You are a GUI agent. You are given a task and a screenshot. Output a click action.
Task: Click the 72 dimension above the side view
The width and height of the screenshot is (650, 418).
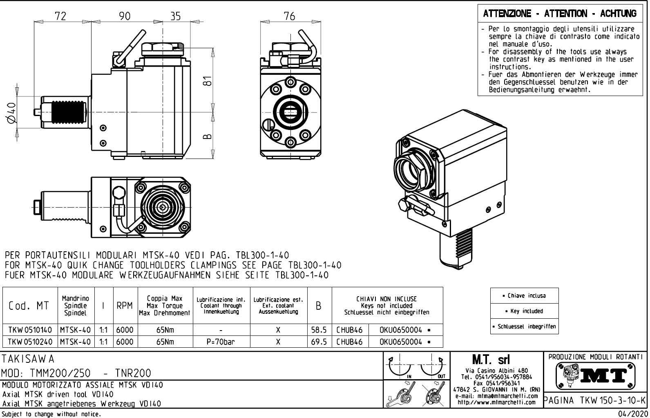(60, 16)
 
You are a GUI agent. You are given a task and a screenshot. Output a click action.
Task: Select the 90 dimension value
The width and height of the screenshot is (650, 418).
(125, 16)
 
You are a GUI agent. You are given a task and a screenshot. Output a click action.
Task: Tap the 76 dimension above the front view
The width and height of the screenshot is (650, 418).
(289, 16)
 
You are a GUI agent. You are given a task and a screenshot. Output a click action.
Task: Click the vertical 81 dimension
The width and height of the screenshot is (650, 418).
(208, 81)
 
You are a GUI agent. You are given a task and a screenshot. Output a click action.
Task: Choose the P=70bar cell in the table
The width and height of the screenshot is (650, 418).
(221, 342)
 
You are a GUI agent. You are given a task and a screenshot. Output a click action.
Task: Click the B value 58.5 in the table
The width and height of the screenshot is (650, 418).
(319, 330)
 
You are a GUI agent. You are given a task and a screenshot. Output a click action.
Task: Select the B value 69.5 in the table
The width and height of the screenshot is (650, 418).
(319, 342)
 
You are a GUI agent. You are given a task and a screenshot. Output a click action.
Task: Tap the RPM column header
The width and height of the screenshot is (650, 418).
(124, 306)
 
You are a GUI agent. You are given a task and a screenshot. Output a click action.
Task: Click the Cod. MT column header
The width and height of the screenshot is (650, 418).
(29, 306)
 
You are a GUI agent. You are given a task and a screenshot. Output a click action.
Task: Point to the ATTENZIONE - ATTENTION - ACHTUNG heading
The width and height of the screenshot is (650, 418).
(560, 14)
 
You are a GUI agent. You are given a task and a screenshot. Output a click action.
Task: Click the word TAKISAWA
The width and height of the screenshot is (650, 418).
(28, 359)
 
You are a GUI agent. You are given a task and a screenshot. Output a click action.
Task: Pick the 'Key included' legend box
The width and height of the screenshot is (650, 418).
(524, 311)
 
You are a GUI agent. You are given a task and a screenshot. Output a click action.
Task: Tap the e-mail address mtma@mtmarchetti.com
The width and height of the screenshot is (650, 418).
(497, 396)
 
